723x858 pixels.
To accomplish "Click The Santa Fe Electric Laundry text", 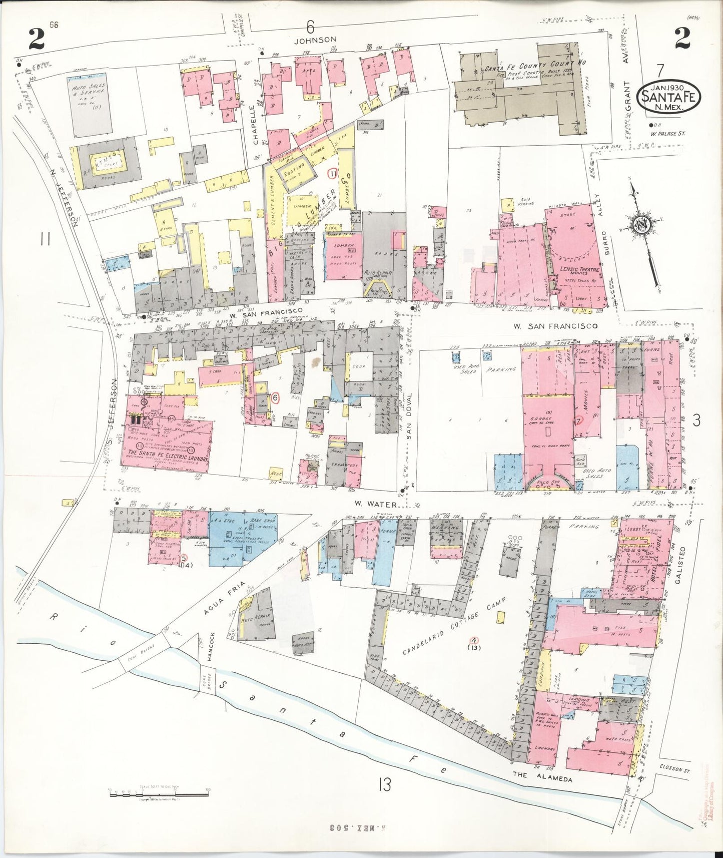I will click(x=165, y=457).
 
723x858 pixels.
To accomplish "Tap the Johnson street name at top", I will click(x=315, y=39).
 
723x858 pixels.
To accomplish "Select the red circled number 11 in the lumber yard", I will click(x=332, y=174).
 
